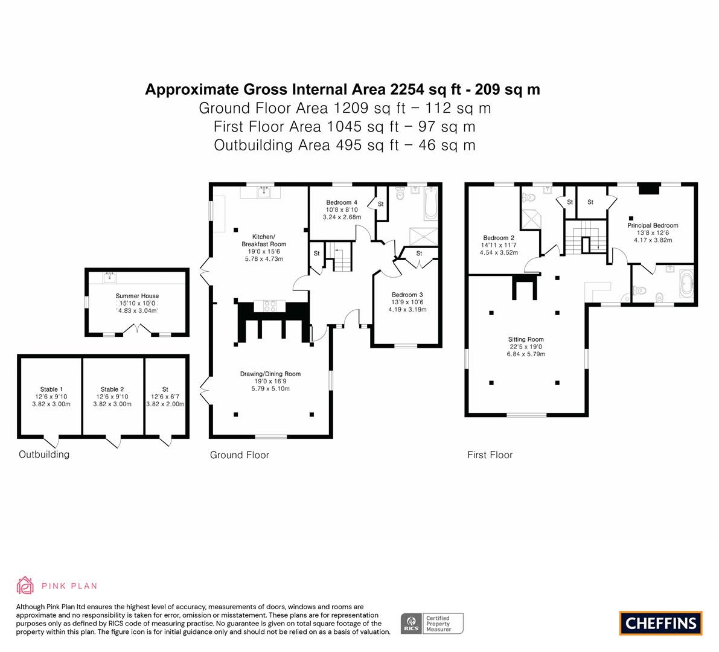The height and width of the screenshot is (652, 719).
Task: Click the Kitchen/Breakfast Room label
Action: coord(264,240)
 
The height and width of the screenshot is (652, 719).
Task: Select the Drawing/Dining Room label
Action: coord(270,374)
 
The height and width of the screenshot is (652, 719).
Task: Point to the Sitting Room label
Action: coord(526,339)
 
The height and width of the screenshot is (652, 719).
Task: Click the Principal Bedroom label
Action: coord(653,225)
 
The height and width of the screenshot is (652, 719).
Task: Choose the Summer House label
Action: coord(137,296)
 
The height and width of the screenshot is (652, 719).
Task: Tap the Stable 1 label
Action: coord(51,389)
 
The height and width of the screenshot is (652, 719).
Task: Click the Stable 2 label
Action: coord(112,389)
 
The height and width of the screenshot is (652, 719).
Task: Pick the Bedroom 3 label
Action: coord(407,295)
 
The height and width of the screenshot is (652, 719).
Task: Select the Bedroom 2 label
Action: coord(499,238)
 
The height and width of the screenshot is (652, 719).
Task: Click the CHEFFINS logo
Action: coord(661,623)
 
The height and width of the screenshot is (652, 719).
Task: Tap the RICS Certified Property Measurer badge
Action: coord(432,624)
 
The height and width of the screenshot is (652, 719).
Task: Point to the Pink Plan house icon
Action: coord(25,585)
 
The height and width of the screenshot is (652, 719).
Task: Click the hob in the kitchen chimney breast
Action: coord(270,306)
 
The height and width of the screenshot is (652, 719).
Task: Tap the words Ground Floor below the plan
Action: coord(239,455)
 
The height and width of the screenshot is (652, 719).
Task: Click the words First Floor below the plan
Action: coord(490,455)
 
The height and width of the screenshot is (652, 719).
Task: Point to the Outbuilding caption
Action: coord(44,455)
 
